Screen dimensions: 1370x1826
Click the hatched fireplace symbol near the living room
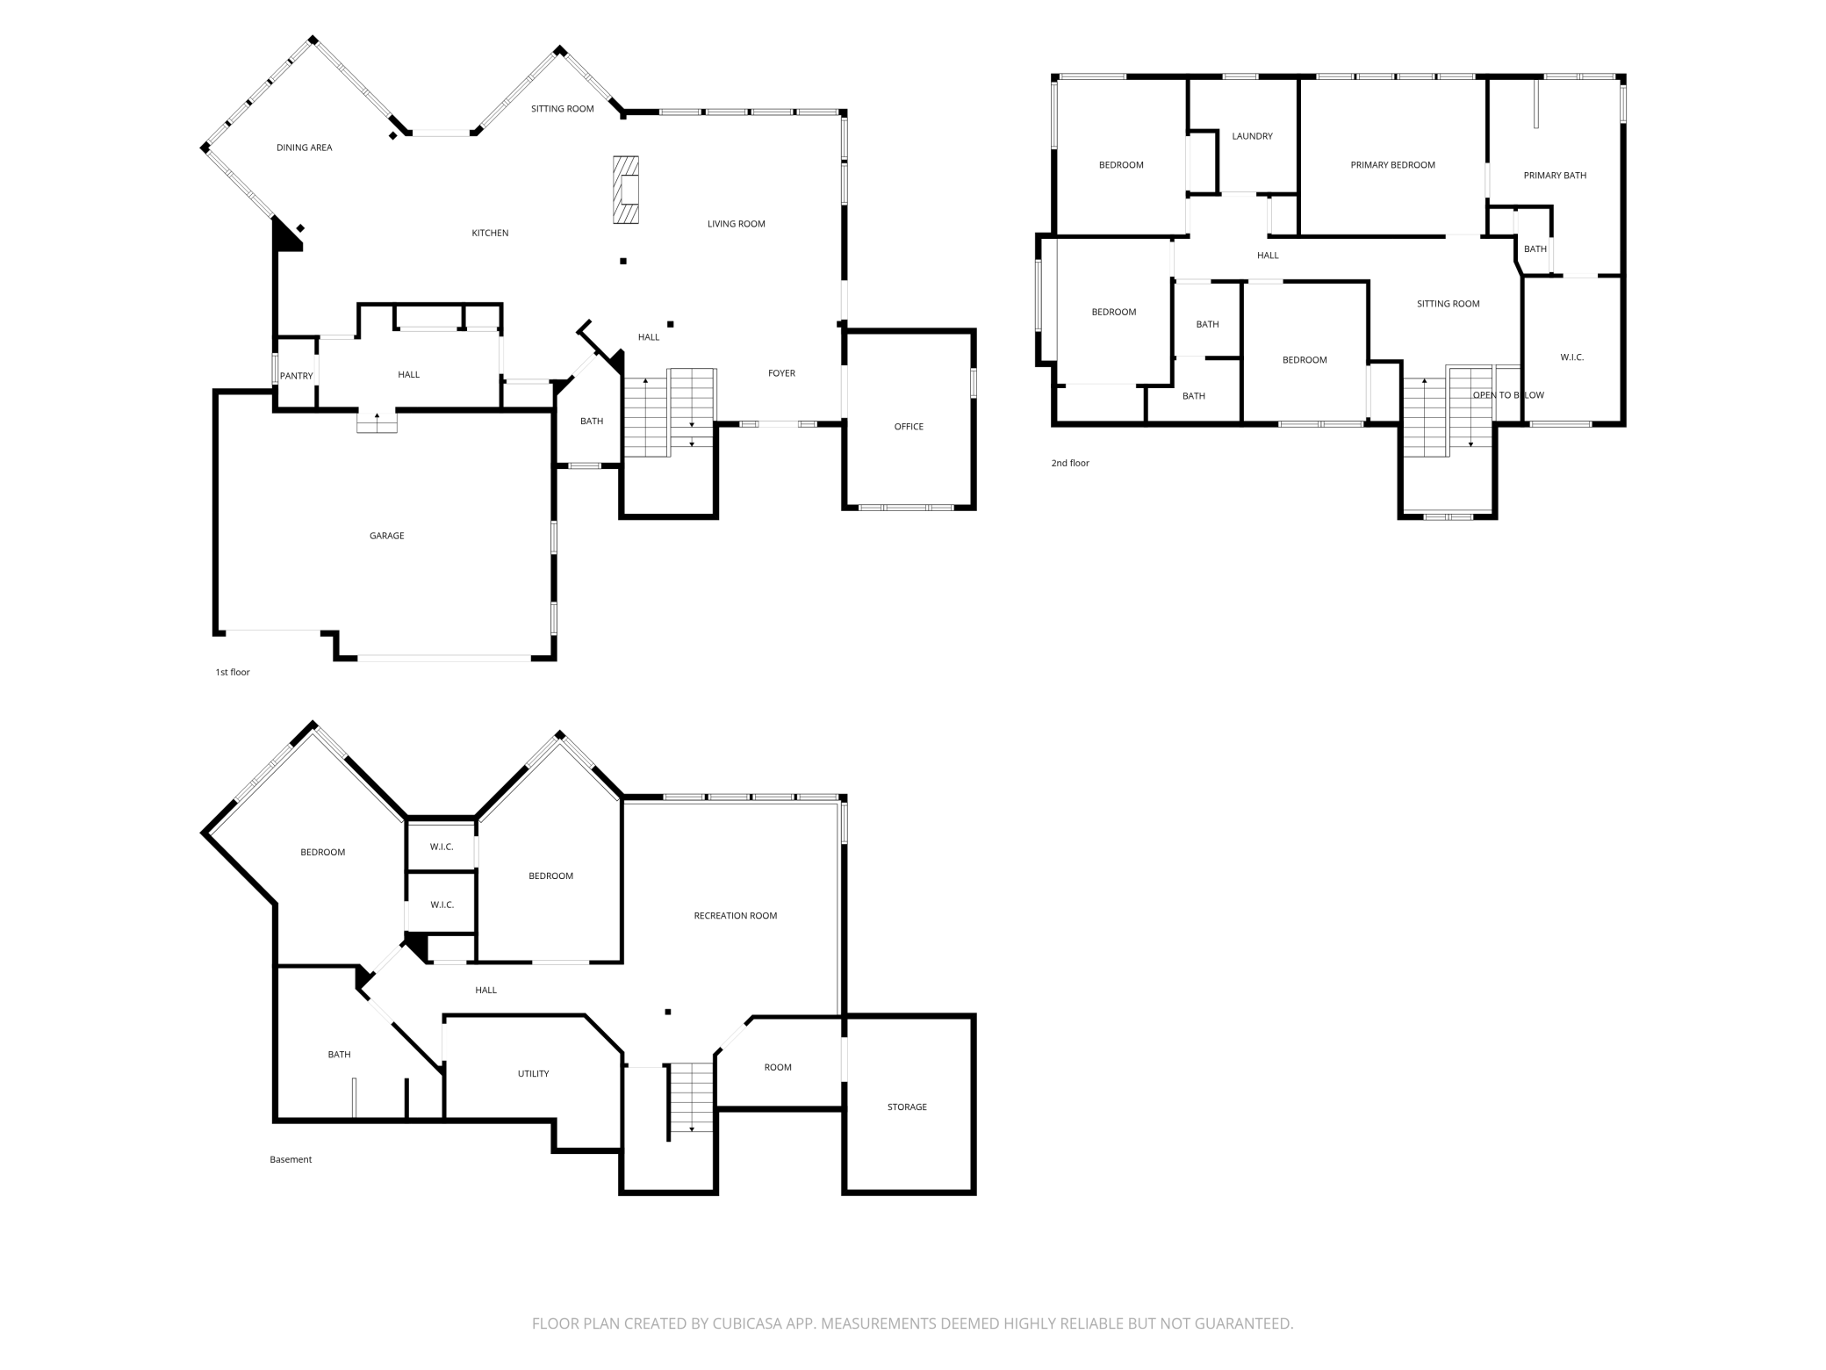(626, 191)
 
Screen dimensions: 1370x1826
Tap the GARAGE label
(386, 536)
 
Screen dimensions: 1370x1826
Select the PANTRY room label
(296, 376)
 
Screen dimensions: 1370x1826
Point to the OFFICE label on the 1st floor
(909, 427)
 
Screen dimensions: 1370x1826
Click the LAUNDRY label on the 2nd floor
(1252, 136)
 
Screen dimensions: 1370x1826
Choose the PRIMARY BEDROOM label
(1392, 165)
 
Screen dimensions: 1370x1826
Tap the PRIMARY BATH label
(1555, 176)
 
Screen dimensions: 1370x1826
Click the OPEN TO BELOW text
(1508, 395)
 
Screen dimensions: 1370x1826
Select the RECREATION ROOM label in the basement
(735, 916)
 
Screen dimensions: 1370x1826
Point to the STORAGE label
(907, 1107)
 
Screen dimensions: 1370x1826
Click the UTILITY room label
(533, 1074)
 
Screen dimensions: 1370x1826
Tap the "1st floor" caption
(233, 673)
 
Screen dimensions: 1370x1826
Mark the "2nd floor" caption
(1070, 463)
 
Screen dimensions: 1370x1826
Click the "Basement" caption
(291, 1160)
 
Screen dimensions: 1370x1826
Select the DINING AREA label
(304, 148)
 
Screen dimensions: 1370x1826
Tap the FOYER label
(781, 373)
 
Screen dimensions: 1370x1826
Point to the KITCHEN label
(490, 234)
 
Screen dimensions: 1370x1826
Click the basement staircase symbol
(691, 1098)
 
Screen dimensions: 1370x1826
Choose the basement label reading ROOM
(778, 1068)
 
